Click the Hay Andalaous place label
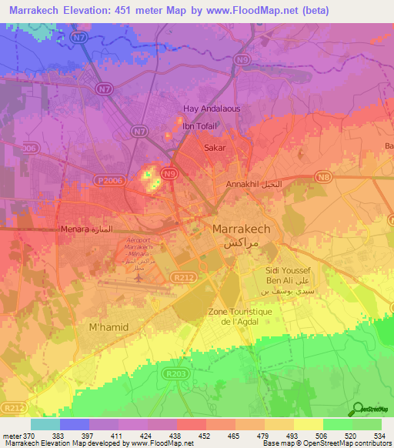click(x=211, y=109)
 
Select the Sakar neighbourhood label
click(x=214, y=146)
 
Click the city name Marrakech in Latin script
click(x=241, y=229)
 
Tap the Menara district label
click(x=75, y=230)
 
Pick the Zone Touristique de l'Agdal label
click(x=237, y=316)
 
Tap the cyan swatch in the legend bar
click(x=45, y=424)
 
